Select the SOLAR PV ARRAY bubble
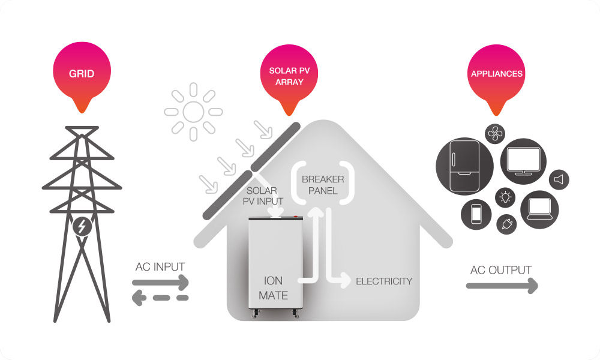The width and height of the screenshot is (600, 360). click(x=290, y=76)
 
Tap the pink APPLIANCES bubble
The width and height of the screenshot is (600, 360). click(x=496, y=74)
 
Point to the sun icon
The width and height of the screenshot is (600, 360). click(x=193, y=111)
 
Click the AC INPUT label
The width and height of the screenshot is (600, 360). click(x=160, y=266)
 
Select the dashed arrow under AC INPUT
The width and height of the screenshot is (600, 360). click(x=160, y=297)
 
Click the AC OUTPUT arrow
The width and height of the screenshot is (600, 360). click(x=502, y=287)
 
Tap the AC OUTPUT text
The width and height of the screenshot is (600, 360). click(x=501, y=270)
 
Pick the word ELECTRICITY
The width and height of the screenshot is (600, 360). click(x=384, y=281)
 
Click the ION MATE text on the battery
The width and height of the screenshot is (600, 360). click(x=273, y=288)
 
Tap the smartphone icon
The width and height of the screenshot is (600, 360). click(x=476, y=214)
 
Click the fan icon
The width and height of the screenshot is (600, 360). click(x=495, y=134)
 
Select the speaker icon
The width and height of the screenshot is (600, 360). click(x=559, y=179)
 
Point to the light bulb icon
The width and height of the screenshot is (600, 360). click(x=504, y=197)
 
